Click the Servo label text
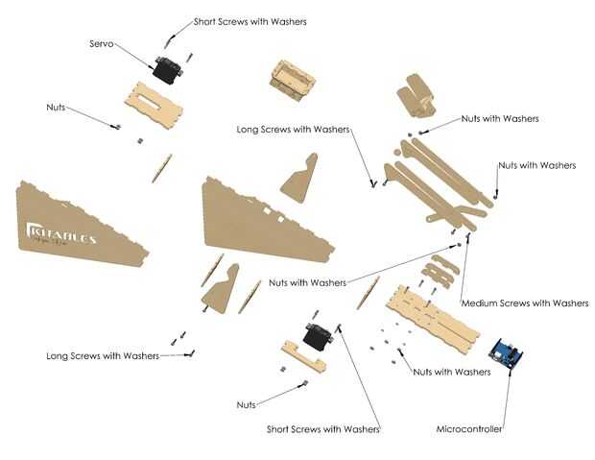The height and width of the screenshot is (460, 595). click(x=103, y=44)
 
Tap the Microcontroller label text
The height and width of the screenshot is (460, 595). click(x=468, y=429)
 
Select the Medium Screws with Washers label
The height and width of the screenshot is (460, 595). click(x=525, y=303)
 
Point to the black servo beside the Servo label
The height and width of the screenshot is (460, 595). click(x=165, y=67)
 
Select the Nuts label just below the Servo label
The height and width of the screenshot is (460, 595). click(x=56, y=108)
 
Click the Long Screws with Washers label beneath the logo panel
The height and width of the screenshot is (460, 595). click(x=102, y=356)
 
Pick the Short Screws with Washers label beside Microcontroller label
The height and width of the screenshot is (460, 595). click(x=322, y=429)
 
